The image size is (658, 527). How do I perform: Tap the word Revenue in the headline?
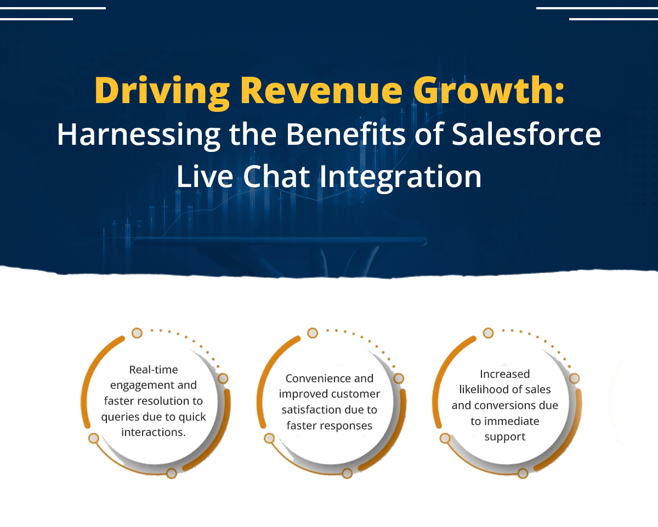(x=321, y=90)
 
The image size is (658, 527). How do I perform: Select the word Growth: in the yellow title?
(x=489, y=90)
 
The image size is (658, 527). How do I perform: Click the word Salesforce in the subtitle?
(x=526, y=134)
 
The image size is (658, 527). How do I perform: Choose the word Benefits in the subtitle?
(x=345, y=134)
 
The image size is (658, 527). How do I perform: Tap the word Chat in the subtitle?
(x=276, y=176)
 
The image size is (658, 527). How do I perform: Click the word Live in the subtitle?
(x=205, y=176)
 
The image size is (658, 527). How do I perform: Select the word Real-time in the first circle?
(x=154, y=370)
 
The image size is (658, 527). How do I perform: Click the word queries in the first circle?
(x=120, y=418)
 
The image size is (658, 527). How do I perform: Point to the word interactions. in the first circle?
(x=154, y=432)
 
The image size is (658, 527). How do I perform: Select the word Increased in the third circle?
(x=505, y=374)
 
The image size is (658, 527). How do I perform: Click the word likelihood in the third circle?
(x=484, y=389)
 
